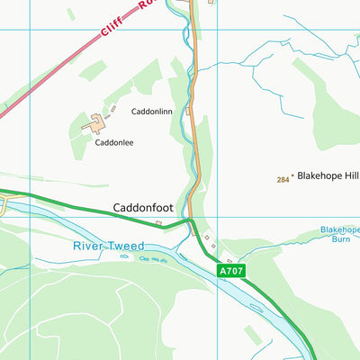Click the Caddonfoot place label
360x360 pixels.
tap(143, 207)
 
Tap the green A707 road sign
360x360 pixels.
tap(231, 268)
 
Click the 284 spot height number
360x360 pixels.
tap(283, 179)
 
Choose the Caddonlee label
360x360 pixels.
tap(114, 142)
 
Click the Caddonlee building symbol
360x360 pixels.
tap(95, 124)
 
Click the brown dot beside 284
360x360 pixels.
tap(292, 179)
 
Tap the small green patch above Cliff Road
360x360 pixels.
tap(70, 13)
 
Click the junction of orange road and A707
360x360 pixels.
tap(190, 220)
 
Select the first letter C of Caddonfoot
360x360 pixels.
tap(117, 207)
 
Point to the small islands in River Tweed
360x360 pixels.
tap(149, 259)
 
